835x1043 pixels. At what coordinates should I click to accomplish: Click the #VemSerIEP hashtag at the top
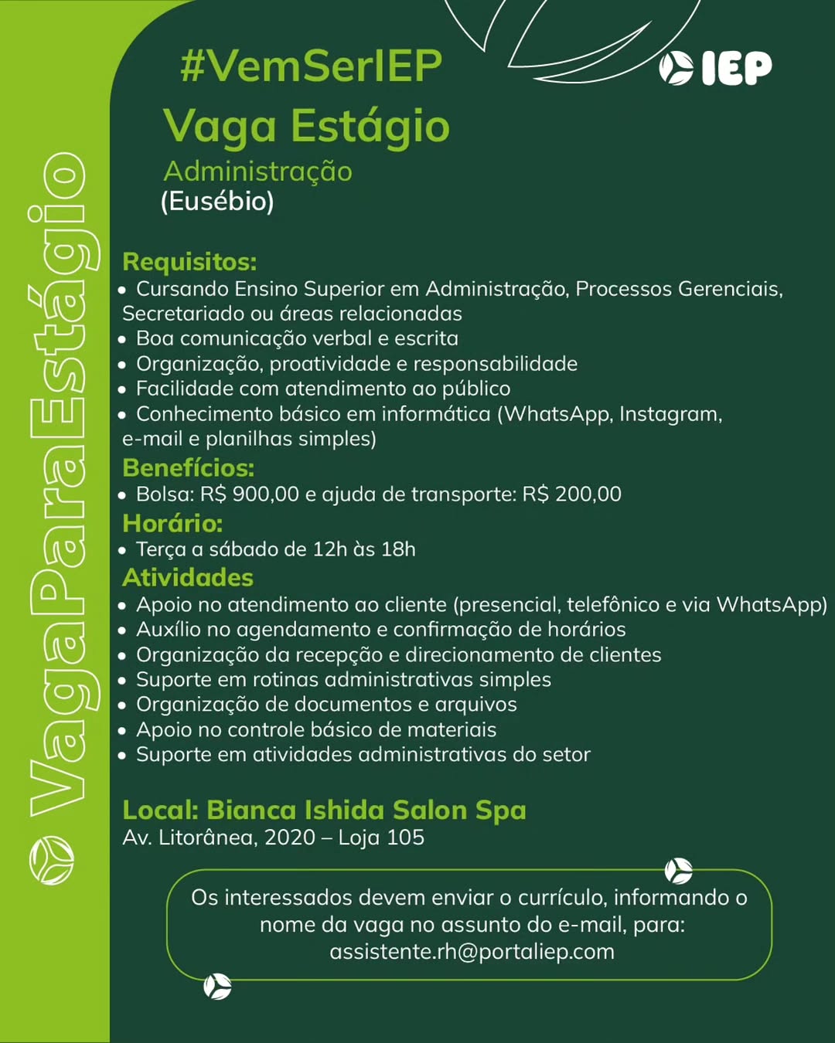tap(311, 66)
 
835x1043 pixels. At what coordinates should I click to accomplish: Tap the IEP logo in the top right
tap(716, 68)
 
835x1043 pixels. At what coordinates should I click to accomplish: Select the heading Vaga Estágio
tap(306, 126)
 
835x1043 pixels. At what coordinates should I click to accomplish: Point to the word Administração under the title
tap(257, 172)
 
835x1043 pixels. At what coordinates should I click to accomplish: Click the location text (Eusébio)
tap(217, 202)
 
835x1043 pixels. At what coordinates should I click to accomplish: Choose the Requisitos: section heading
tap(189, 262)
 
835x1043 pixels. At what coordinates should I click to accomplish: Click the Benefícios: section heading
tap(188, 467)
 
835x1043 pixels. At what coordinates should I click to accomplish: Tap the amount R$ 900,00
tap(249, 494)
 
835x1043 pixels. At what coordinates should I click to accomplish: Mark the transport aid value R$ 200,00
tap(571, 494)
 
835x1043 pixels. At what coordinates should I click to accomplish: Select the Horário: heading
tap(172, 523)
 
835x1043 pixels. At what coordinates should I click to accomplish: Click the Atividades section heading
tap(188, 578)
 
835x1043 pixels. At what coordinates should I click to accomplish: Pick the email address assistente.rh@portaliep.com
tap(472, 951)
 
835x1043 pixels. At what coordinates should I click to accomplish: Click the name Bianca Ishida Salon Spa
tap(366, 810)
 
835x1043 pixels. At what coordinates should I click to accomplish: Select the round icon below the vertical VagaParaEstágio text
tap(51, 859)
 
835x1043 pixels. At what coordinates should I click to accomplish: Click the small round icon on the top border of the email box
tap(678, 871)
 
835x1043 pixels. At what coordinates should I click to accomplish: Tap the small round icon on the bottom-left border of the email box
tap(217, 987)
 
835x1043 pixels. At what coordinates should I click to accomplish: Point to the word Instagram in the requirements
tap(670, 414)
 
